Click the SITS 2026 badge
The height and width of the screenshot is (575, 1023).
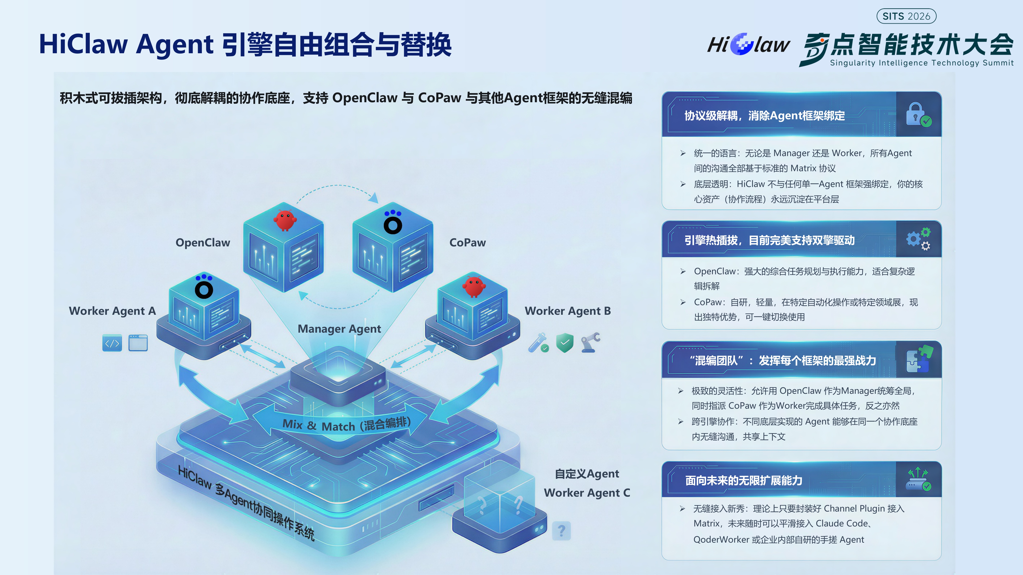pos(906,16)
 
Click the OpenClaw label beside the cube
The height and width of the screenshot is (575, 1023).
pos(203,243)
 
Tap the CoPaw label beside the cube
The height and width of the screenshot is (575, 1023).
pos(467,243)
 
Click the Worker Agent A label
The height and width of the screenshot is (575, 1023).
pos(112,311)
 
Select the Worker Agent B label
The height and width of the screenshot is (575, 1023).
pos(568,311)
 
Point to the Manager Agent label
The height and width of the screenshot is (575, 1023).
pos(339,329)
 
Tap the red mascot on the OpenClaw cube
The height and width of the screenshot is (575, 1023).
pos(285,220)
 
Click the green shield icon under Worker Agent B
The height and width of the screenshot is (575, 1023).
pos(565,343)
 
